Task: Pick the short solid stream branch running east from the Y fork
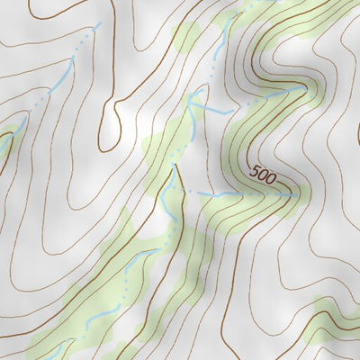(x=214, y=111)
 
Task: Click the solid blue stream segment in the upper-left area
(x=71, y=76)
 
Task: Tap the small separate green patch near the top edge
(x=184, y=39)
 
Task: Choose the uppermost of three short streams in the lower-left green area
(x=144, y=258)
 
